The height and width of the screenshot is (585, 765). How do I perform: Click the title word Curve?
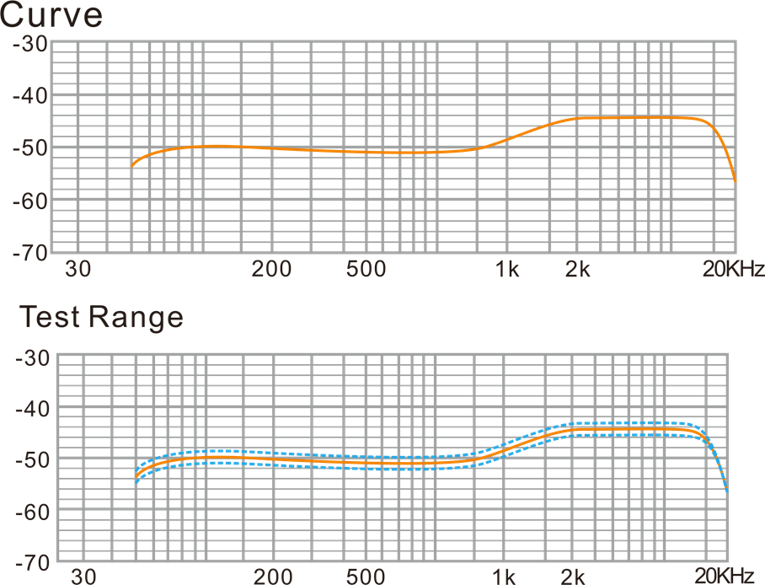52,16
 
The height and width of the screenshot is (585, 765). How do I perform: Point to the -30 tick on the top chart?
30,43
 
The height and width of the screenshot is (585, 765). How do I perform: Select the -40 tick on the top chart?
30,96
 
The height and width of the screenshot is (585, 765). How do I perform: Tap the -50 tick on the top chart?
30,148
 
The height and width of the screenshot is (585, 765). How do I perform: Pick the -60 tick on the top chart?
30,201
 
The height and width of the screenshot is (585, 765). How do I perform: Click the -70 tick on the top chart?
30,252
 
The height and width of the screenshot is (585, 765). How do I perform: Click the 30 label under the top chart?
78,270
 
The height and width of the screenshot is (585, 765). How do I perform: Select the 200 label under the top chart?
271,270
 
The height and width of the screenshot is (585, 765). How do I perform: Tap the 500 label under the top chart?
366,270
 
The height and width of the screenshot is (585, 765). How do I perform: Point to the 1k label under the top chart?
506,270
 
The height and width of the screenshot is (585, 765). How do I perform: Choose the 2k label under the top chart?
577,270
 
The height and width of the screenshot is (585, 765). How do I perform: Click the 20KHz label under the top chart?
733,270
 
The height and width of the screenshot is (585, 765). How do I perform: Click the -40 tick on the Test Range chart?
30,409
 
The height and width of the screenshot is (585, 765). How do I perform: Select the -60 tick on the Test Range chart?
30,511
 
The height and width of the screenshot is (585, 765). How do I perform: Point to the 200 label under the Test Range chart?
273,577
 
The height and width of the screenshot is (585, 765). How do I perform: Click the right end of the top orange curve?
735,180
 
